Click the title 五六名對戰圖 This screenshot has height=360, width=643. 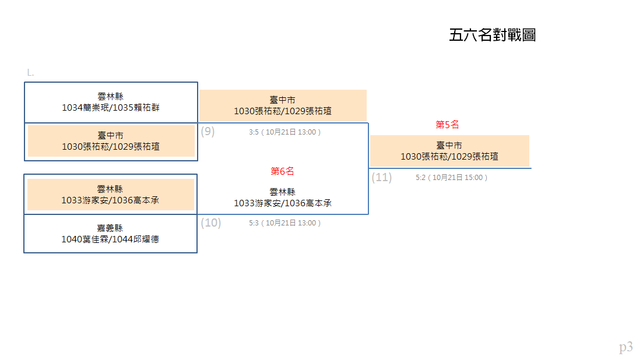point(493,35)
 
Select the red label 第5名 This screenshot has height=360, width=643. point(447,125)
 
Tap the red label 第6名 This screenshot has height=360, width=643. point(282,171)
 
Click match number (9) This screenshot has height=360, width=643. point(208,132)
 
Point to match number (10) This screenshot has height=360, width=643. point(211,223)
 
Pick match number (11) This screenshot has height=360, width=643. point(382,177)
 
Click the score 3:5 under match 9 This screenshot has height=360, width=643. point(254,132)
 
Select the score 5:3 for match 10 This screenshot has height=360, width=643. point(254,223)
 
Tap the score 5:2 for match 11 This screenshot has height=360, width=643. point(420,178)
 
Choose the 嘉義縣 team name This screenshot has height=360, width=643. point(110,228)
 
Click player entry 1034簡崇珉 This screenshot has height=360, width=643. point(85,108)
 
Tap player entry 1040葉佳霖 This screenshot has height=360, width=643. point(85,239)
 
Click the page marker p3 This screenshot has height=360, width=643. point(626,347)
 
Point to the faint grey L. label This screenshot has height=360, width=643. point(30,73)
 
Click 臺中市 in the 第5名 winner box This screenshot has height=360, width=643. point(449,146)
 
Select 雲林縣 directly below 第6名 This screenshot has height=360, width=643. point(282,192)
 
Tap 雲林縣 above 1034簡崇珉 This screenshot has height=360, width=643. point(110,97)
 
